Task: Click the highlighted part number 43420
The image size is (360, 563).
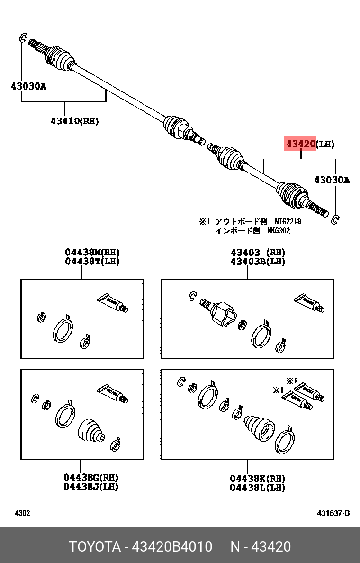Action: click(300, 144)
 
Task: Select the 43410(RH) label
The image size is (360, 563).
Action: click(74, 121)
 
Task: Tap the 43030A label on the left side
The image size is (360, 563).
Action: click(28, 86)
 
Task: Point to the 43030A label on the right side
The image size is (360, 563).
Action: click(332, 180)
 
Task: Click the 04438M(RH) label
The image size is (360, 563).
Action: click(92, 252)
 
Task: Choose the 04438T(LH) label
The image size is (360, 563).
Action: click(92, 261)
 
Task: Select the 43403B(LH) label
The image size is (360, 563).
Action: click(258, 261)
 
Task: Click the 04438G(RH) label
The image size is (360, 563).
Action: click(92, 477)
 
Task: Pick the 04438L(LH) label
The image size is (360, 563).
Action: click(258, 487)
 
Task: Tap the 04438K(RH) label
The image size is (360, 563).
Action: click(258, 478)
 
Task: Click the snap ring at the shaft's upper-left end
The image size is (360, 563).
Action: click(23, 38)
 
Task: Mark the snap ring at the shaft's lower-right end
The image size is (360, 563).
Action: click(335, 219)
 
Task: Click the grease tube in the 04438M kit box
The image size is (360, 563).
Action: click(113, 303)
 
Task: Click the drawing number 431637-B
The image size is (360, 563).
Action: click(333, 513)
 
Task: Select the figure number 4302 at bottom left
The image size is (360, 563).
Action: click(23, 513)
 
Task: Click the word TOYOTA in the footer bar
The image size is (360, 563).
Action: click(95, 546)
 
